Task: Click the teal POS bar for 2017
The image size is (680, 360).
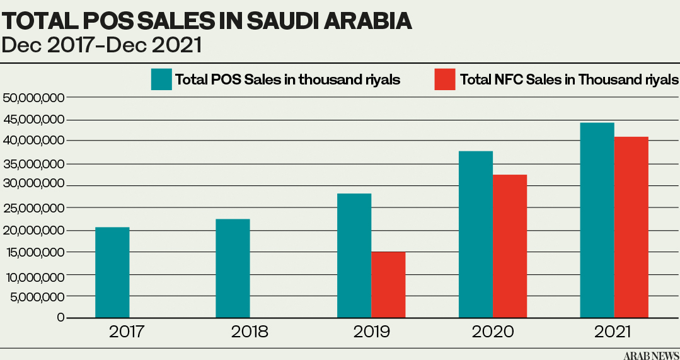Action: pyautogui.click(x=112, y=272)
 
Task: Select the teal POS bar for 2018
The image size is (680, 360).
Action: pyautogui.click(x=233, y=269)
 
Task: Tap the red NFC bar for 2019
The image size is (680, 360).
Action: pyautogui.click(x=388, y=284)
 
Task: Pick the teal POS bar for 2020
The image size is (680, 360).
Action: pyautogui.click(x=476, y=234)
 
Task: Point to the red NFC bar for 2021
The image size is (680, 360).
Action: pyautogui.click(x=631, y=227)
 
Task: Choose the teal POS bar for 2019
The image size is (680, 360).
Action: pyautogui.click(x=354, y=255)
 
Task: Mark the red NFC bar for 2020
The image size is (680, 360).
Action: pyautogui.click(x=510, y=247)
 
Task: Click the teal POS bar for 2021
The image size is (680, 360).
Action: pyautogui.click(x=597, y=220)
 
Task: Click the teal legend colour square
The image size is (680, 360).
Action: pyautogui.click(x=162, y=79)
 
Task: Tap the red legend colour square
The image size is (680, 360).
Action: pyautogui.click(x=445, y=79)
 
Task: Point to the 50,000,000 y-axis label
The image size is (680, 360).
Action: pyautogui.click(x=34, y=98)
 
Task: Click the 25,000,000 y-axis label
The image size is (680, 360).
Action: pyautogui.click(x=34, y=208)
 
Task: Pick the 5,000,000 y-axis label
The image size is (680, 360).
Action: pyautogui.click(x=37, y=297)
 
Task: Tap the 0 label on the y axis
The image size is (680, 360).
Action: pyautogui.click(x=60, y=318)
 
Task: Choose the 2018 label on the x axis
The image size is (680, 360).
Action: pyautogui.click(x=250, y=332)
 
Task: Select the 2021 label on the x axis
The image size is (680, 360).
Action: pyautogui.click(x=612, y=332)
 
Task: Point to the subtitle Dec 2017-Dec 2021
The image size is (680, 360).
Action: pyautogui.click(x=102, y=45)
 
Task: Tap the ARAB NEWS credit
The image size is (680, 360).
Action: pyautogui.click(x=651, y=356)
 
